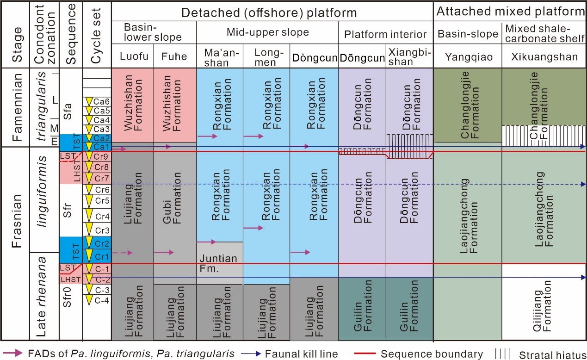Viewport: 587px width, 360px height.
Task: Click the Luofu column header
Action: pos(134,56)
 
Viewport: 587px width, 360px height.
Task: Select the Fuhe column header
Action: pos(174,56)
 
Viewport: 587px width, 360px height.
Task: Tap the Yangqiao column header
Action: pos(469,57)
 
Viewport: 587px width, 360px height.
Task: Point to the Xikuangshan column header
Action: pos(544,57)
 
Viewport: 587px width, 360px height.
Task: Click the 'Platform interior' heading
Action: pos(385,34)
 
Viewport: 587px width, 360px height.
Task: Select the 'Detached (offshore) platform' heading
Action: pos(269,12)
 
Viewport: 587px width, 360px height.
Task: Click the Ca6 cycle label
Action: pos(101,101)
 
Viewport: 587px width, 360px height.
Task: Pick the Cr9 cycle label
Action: pos(101,156)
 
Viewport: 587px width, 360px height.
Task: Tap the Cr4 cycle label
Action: pos(102,217)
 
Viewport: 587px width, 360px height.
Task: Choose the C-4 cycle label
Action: pos(102,300)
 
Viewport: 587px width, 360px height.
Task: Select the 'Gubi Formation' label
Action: pos(172,198)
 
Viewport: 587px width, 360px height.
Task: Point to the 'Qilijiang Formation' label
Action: pos(542,306)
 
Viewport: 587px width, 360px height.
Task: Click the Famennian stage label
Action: pos(17,107)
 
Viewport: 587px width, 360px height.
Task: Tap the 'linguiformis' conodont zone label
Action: pos(42,192)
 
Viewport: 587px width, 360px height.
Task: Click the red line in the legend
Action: pos(365,354)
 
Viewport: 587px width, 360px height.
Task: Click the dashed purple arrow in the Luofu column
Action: pos(123,253)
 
